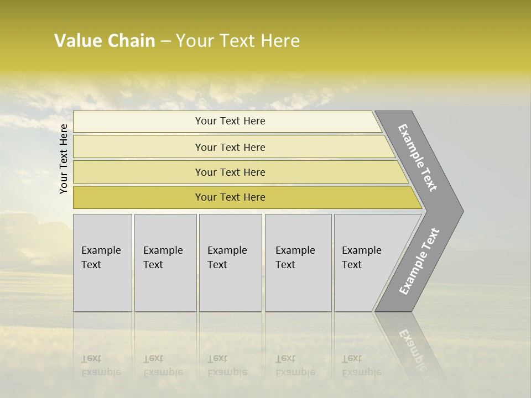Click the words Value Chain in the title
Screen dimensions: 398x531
click(105, 41)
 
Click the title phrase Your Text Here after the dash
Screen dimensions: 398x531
click(238, 41)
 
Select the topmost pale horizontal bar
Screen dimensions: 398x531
click(230, 121)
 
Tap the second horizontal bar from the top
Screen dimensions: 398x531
click(230, 147)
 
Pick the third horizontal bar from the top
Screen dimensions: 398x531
click(230, 172)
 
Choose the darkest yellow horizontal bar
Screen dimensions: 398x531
click(230, 197)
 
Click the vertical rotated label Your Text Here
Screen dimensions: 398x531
click(64, 159)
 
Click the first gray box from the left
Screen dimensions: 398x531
click(102, 263)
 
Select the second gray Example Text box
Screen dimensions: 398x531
click(165, 263)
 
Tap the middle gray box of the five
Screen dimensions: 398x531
click(230, 263)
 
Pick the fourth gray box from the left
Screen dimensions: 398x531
click(298, 263)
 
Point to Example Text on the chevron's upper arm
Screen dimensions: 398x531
click(418, 158)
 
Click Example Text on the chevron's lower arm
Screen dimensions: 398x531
click(419, 261)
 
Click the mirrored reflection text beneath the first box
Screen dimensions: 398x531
click(101, 365)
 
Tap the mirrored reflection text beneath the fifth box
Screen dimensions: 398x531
click(361, 365)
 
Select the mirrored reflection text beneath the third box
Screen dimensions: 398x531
click(227, 365)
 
